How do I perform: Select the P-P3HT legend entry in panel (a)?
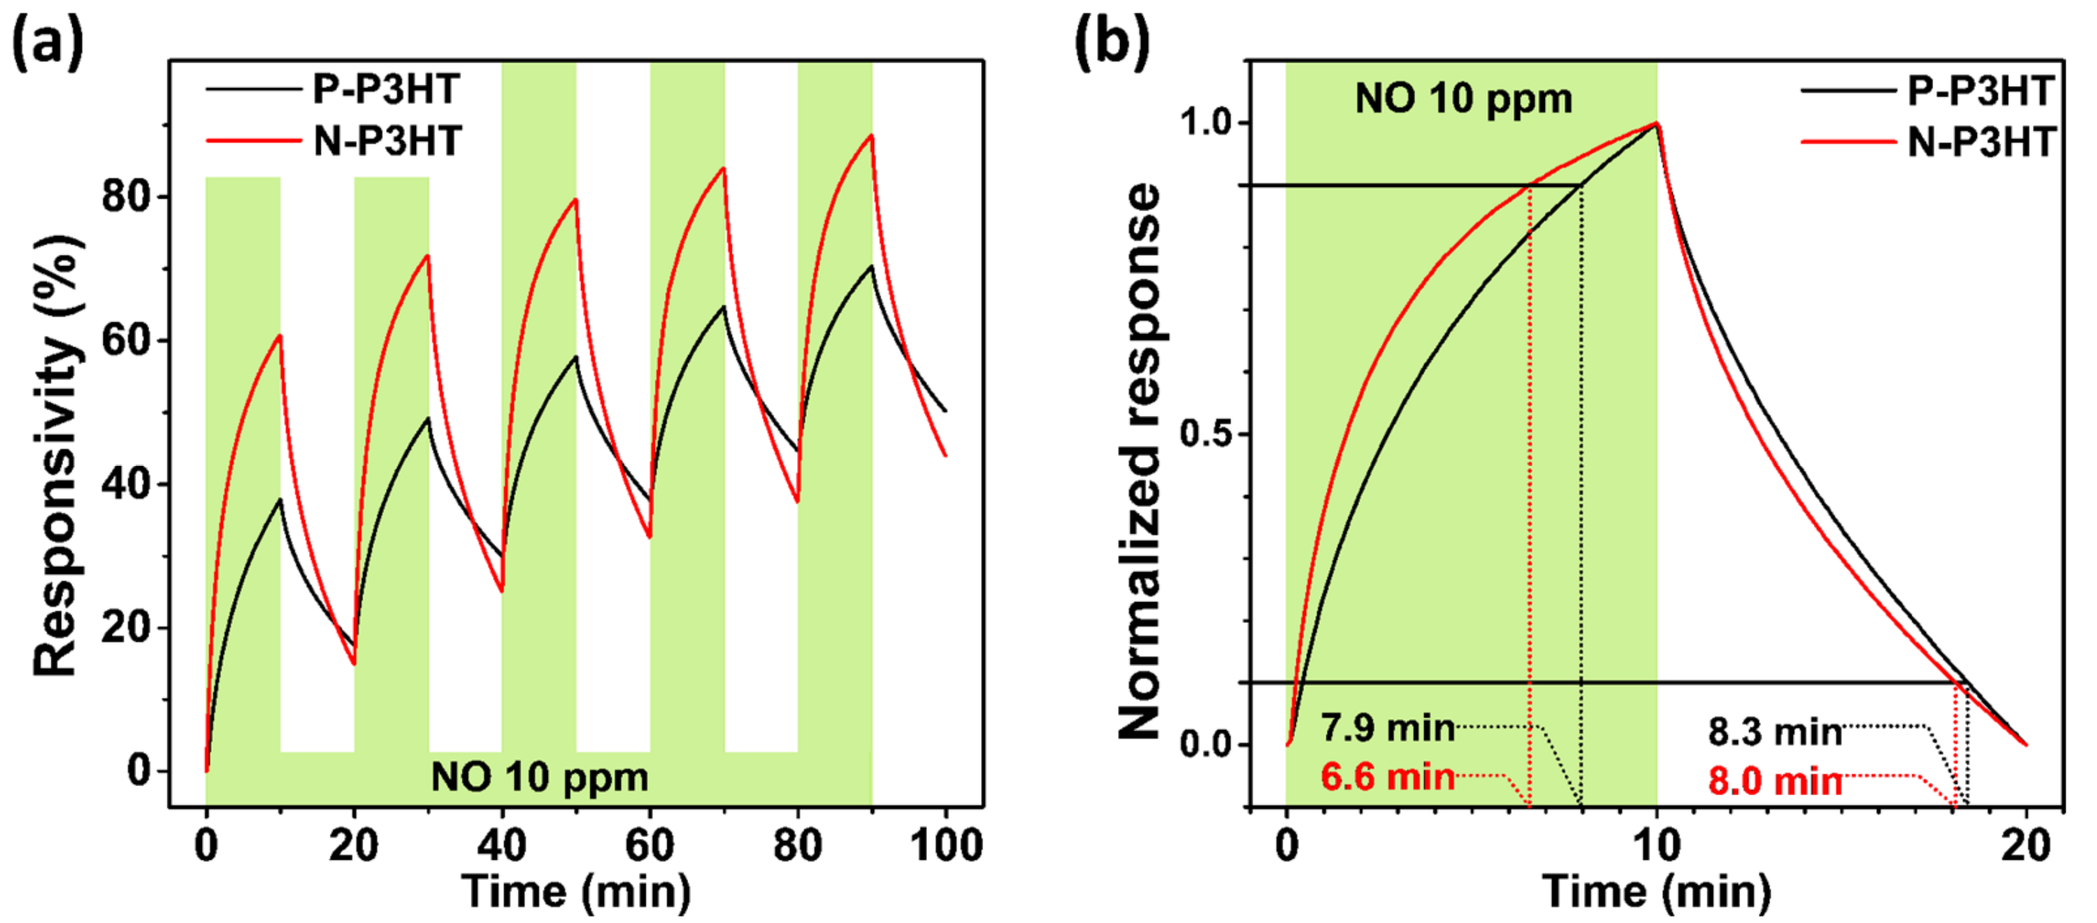386,89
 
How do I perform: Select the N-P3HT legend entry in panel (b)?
1980,142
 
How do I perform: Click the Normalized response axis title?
1139,460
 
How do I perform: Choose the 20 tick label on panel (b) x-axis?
2025,846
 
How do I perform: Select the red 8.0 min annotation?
1775,781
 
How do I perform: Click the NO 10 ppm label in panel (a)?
539,776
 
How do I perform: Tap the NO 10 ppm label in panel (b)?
1463,99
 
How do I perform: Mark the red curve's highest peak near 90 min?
872,135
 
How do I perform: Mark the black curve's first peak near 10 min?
280,499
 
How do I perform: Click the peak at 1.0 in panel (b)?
1657,124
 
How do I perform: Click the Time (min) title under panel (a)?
576,891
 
